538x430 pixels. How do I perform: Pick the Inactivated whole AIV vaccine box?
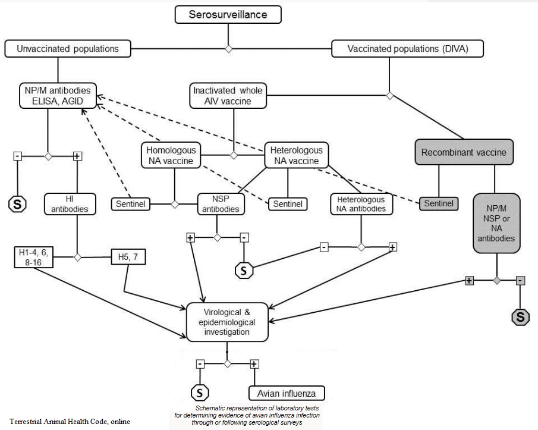coord(228,97)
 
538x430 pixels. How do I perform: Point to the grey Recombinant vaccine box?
coord(463,153)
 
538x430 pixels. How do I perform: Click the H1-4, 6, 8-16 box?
coord(34,257)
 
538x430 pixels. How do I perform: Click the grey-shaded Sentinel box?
coord(439,204)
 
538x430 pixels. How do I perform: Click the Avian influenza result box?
coord(287,393)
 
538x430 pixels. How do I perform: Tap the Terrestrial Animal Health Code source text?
coord(70,422)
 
